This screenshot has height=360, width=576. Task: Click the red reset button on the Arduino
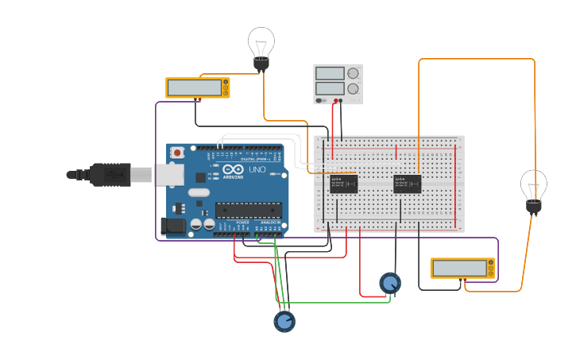[177, 152]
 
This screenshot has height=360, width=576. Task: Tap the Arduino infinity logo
[233, 169]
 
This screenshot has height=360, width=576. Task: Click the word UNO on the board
[257, 169]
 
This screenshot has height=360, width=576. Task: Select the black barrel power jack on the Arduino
[173, 226]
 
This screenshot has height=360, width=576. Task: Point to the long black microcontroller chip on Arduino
[248, 210]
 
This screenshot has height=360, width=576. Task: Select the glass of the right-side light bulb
[534, 184]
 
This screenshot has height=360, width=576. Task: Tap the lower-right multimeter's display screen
[459, 268]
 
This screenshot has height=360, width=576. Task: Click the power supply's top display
[330, 74]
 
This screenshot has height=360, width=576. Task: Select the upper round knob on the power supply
[353, 73]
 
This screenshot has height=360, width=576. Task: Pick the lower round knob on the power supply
[353, 88]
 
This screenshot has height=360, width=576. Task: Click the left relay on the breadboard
[343, 184]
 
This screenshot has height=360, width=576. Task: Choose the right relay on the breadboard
[407, 184]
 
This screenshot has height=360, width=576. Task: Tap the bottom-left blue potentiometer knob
[284, 321]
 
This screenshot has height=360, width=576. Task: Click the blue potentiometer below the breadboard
[389, 283]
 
